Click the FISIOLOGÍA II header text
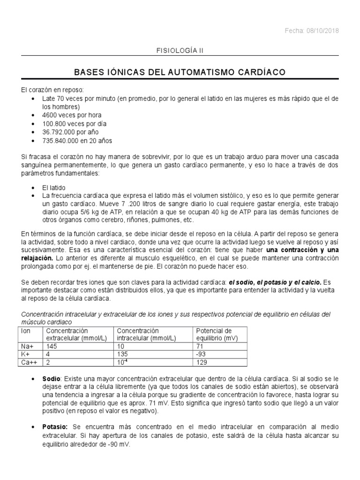pyautogui.click(x=180, y=49)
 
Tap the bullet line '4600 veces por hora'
pyautogui.click(x=71, y=115)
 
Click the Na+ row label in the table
pyautogui.click(x=27, y=346)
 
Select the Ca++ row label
pyautogui.click(x=28, y=362)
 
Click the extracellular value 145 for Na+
pyautogui.click(x=50, y=346)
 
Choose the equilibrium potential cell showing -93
pyautogui.click(x=202, y=354)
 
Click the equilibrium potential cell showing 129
pyautogui.click(x=202, y=362)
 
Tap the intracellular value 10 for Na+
pyautogui.click(x=120, y=346)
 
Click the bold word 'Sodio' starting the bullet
pyautogui.click(x=52, y=378)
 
